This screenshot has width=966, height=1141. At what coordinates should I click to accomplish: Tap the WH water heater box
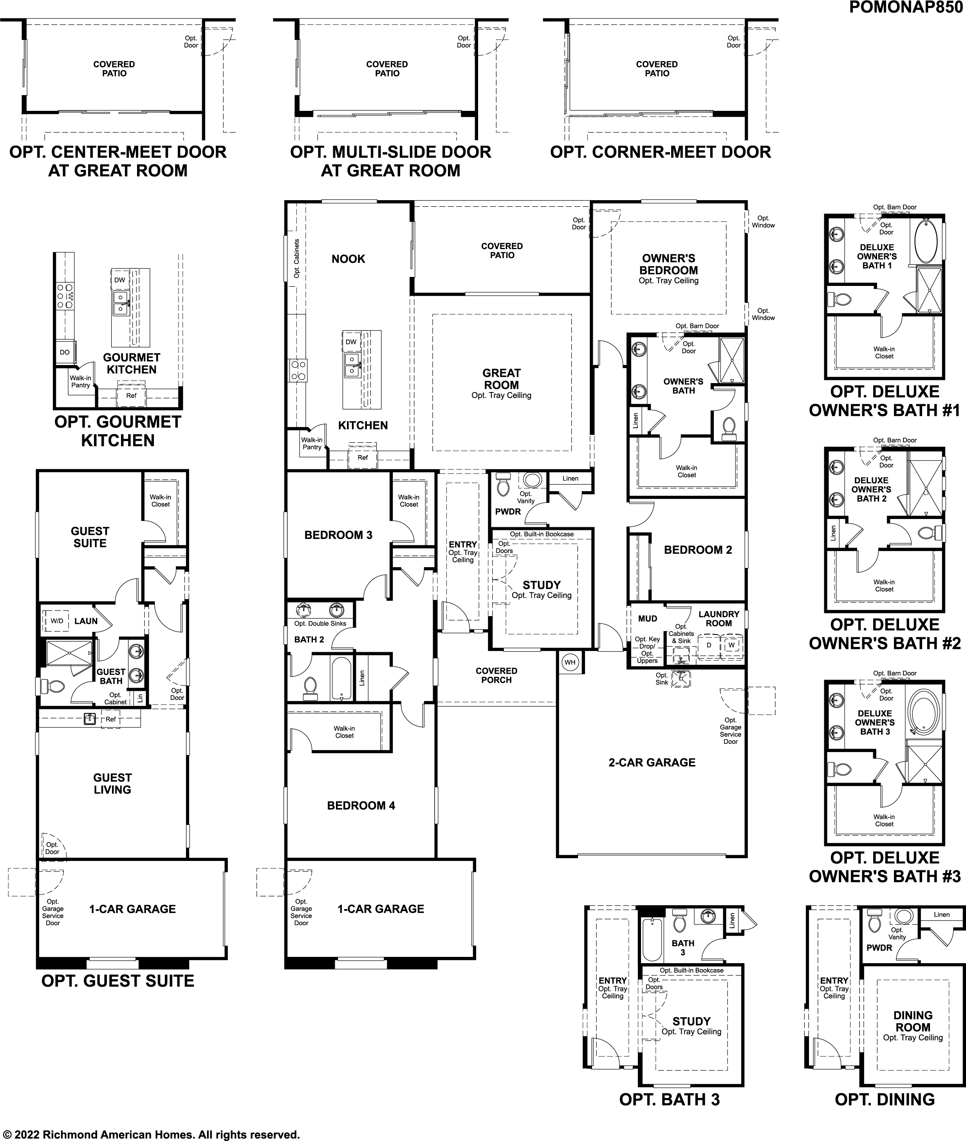(x=570, y=662)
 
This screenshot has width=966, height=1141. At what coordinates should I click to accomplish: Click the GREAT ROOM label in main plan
(x=501, y=379)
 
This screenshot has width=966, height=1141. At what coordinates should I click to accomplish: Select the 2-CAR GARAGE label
(x=652, y=763)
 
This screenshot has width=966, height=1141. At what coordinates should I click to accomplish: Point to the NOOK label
(x=348, y=259)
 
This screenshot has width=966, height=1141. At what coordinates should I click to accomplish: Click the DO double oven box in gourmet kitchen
(x=65, y=352)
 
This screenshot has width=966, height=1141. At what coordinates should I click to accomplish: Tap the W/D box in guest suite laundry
(x=57, y=620)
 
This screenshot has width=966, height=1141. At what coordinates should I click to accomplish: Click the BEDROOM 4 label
(x=361, y=805)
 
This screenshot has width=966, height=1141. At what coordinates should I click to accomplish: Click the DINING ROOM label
(x=913, y=1022)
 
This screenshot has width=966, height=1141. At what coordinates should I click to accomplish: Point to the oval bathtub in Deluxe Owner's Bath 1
(x=926, y=240)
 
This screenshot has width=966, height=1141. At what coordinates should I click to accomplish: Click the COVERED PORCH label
(x=496, y=675)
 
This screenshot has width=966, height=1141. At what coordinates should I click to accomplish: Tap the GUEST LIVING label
(x=112, y=783)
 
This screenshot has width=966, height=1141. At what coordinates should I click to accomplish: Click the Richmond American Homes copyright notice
(x=151, y=1130)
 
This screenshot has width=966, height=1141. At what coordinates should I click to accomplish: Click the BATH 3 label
(x=683, y=948)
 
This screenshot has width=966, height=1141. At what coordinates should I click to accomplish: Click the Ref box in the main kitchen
(x=363, y=457)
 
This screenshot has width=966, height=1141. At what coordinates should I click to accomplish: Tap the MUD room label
(x=647, y=618)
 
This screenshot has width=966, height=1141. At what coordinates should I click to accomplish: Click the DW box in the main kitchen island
(x=351, y=342)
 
